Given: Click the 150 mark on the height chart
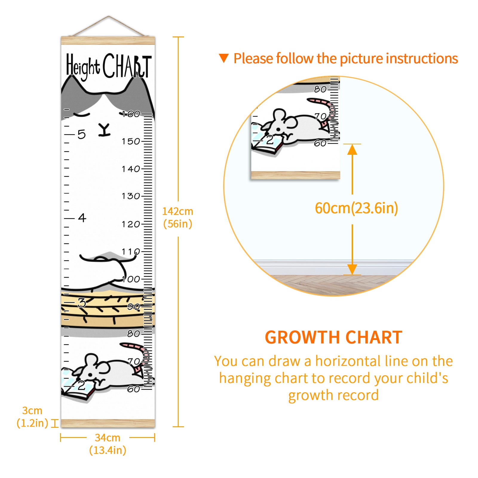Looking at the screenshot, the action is [x=131, y=141].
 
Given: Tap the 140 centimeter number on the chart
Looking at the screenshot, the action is [x=131, y=169].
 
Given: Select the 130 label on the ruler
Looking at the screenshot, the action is [x=131, y=196].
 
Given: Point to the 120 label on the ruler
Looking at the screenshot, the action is [x=131, y=224].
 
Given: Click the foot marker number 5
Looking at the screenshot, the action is [x=82, y=134].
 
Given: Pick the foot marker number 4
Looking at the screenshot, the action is [x=82, y=218].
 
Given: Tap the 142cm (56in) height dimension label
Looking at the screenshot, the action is [x=178, y=217].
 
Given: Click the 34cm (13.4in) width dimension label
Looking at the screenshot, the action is [x=108, y=444].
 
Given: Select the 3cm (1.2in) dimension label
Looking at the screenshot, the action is [x=32, y=417].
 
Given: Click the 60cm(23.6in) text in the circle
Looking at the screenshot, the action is [x=356, y=208].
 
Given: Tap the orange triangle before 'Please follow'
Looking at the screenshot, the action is [x=224, y=58].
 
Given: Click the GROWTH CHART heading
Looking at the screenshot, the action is [x=334, y=338].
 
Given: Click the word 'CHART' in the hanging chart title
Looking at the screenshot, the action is [x=127, y=66].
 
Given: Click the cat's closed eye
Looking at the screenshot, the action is [x=82, y=114].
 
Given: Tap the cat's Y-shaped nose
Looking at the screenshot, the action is [x=105, y=130].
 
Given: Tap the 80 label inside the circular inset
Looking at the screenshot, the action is [x=320, y=89].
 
